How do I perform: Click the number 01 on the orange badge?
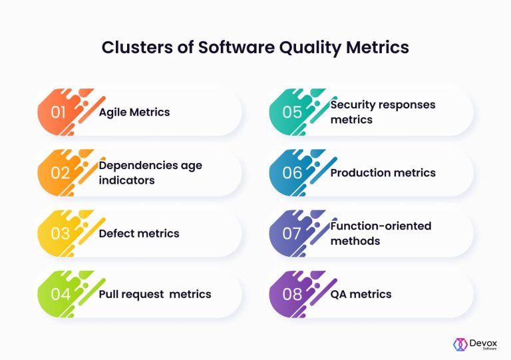coord(59,112)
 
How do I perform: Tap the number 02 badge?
coord(59,173)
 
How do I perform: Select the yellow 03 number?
coord(59,234)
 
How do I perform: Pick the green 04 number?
coord(59,294)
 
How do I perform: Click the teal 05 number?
coord(292,112)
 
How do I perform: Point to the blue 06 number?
coord(292,173)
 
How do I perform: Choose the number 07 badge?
coord(292,234)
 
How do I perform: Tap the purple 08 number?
coord(292,294)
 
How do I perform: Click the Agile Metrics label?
coord(134,112)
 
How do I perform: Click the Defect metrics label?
coord(139,234)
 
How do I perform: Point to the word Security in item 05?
coord(354,104)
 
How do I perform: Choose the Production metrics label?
coord(383,173)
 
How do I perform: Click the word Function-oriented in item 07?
coord(381,226)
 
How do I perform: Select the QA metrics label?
coord(361,294)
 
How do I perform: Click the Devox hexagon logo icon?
coord(460,344)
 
